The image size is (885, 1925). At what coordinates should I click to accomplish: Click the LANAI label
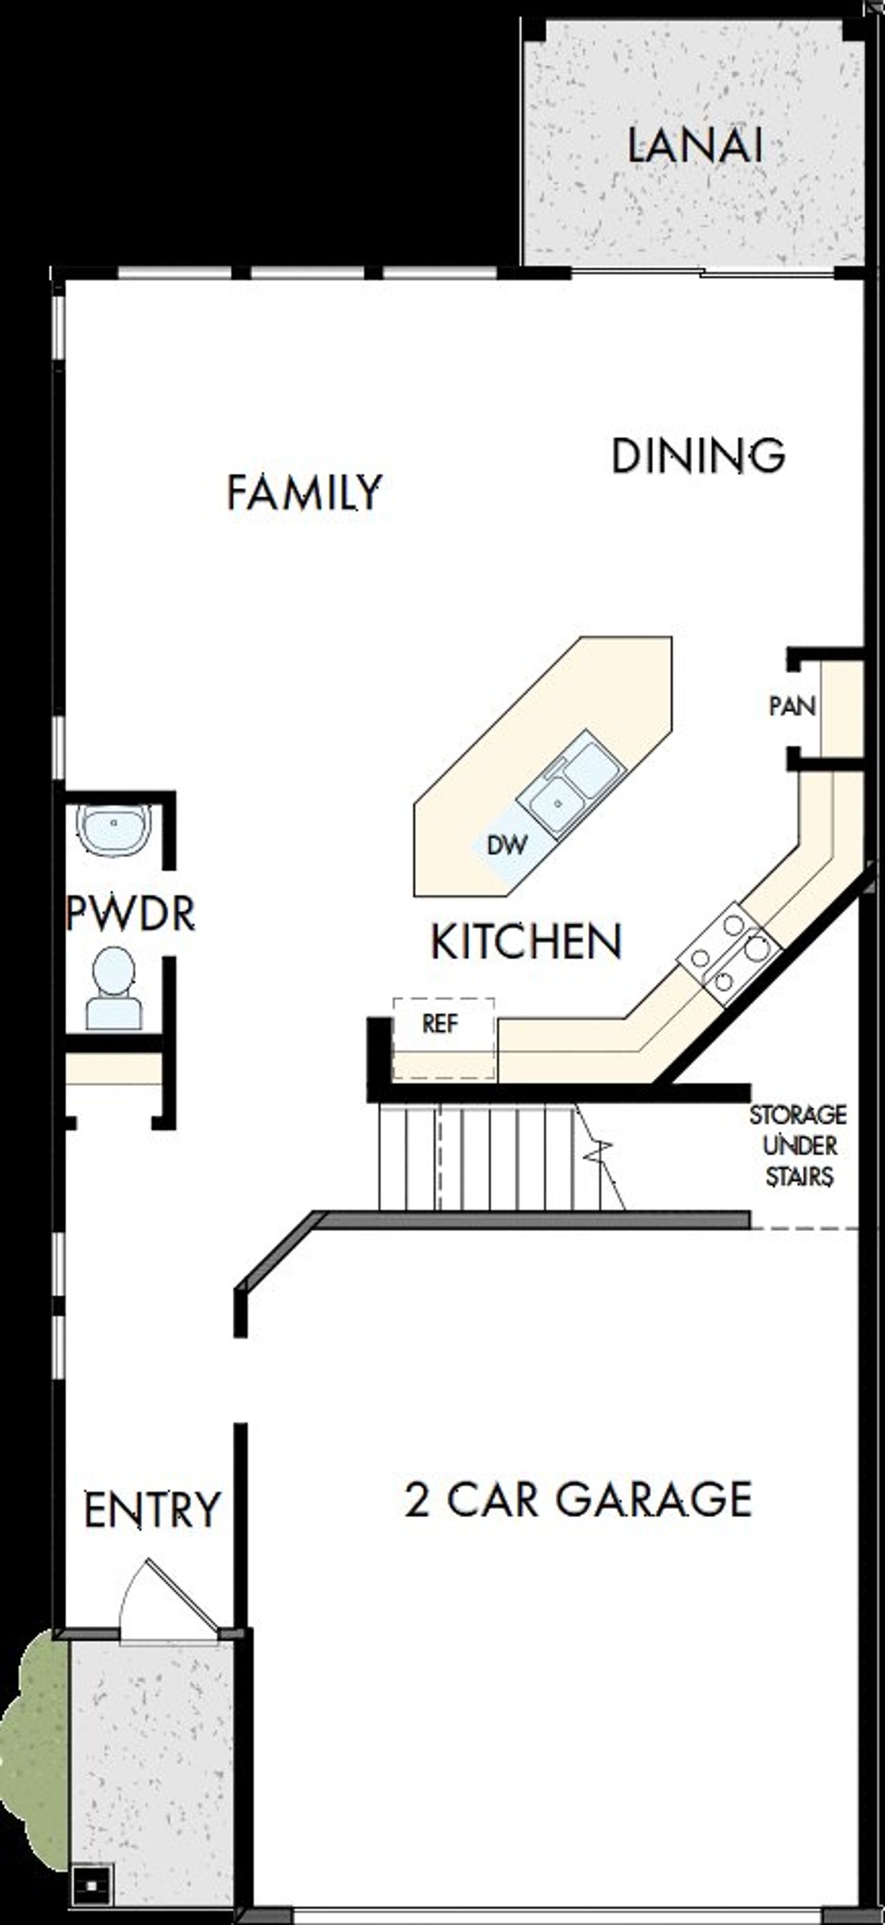(694, 146)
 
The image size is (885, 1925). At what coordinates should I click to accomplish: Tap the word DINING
(698, 455)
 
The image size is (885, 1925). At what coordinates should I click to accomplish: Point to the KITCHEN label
(526, 941)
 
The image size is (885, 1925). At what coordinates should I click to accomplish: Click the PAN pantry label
(792, 706)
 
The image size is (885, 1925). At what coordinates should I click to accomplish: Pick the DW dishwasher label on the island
(507, 845)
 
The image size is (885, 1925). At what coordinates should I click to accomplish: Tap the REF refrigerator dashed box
(442, 1037)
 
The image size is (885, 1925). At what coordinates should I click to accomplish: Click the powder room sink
(113, 829)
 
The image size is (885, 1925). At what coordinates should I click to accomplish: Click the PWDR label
(130, 912)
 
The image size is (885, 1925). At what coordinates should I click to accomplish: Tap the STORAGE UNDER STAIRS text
(799, 1145)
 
